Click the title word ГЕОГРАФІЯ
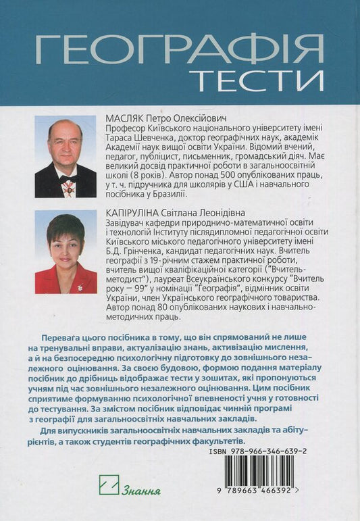178,49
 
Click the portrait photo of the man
65,157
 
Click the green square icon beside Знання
109,485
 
